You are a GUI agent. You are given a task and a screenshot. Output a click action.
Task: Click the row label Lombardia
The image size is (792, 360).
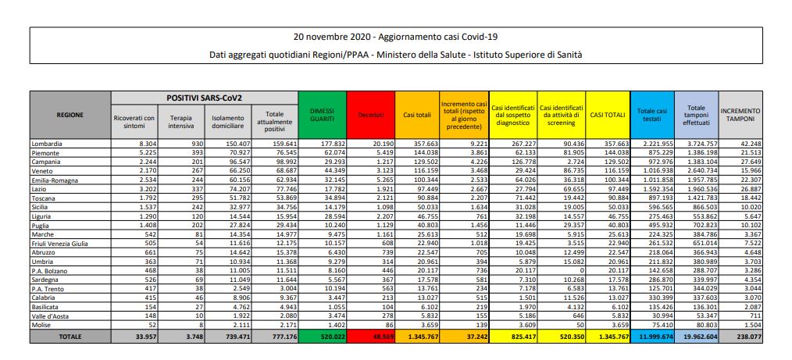(47, 144)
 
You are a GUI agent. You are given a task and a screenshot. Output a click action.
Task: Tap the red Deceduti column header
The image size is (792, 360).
(369, 115)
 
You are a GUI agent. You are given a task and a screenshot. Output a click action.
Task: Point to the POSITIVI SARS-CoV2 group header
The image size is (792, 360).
(205, 98)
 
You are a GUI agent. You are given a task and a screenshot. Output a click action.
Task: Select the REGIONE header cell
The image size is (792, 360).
(70, 114)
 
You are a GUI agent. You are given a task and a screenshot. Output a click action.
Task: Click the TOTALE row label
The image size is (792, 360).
(70, 336)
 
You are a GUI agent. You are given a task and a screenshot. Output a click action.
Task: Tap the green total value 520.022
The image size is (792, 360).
(324, 336)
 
